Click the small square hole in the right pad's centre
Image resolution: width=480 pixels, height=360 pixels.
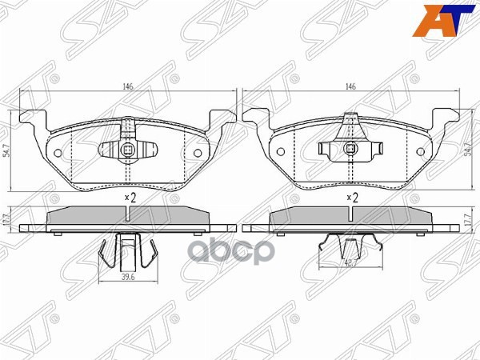point(350,148)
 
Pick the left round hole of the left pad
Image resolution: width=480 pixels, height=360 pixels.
point(58,152)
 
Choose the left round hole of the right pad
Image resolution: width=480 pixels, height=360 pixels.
point(280,152)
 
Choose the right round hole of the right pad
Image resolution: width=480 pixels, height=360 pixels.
point(420,152)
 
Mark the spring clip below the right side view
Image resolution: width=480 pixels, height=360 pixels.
point(350,250)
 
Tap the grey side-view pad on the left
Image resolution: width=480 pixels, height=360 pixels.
point(128,217)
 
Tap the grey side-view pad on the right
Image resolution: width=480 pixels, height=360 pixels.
point(350,217)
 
